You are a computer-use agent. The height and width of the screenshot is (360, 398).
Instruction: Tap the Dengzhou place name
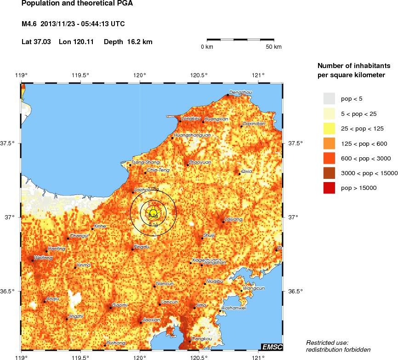point(240,92)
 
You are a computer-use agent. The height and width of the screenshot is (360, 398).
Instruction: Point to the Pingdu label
point(141,247)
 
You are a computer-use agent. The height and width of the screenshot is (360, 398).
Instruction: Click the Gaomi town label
point(120,305)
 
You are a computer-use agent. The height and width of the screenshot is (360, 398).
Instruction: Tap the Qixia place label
point(247,171)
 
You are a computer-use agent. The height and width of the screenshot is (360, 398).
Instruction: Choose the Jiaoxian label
point(152,320)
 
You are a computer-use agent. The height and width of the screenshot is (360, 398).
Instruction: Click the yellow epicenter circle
point(154,212)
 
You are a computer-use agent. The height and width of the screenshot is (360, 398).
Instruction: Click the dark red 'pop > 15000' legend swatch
point(329,188)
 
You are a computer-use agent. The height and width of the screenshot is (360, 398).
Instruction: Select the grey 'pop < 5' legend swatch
point(329,98)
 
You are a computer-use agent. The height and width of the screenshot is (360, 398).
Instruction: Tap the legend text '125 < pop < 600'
point(364,143)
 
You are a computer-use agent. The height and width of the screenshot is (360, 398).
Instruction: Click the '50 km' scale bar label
point(274,47)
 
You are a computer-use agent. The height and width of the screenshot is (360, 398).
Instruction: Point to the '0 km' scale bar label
point(207,47)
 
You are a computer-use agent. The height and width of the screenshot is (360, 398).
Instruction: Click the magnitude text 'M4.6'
point(30,23)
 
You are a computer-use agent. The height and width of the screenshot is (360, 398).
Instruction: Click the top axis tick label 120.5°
point(199,75)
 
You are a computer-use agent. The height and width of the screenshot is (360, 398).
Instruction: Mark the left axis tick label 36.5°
point(9,291)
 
